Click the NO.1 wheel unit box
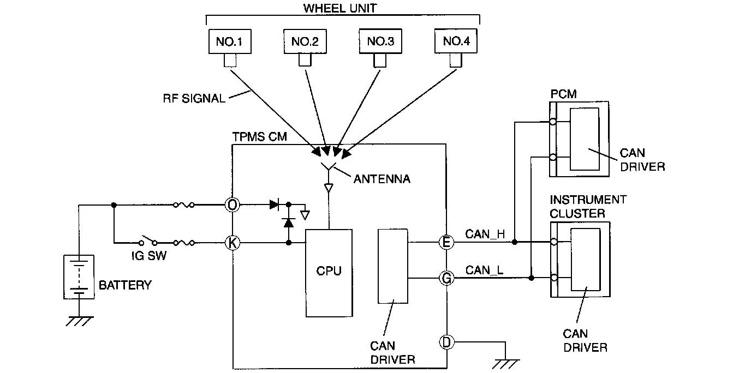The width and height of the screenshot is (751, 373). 230,41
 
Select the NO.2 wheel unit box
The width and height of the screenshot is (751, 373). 305,41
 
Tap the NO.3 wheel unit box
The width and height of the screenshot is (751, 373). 380,41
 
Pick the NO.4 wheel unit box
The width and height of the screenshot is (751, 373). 456,41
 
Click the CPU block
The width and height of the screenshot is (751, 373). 329,273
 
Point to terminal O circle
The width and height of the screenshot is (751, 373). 233,204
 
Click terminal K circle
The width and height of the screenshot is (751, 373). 233,243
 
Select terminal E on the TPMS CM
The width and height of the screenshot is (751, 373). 446,242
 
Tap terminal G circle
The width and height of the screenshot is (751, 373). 446,278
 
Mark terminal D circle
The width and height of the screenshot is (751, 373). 446,342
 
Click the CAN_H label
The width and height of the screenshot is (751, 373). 485,234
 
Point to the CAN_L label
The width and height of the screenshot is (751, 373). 484,270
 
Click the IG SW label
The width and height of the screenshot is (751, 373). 148,256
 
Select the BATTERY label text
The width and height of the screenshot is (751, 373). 125,285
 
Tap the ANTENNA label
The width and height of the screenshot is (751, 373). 382,179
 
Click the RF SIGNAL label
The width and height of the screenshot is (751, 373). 194,99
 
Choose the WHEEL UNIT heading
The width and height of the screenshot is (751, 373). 340,8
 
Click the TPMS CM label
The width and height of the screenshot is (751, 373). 259,137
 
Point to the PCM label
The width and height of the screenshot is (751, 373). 564,94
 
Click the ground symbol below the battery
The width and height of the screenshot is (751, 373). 80,321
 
